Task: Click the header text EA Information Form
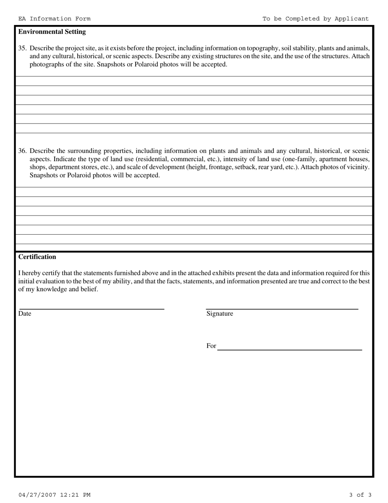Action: tap(54, 19)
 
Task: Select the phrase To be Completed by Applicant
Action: tap(315, 19)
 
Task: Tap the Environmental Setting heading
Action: tap(52, 31)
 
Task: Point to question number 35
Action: tap(22, 48)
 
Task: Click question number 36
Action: tap(22, 150)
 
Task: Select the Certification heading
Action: tap(37, 257)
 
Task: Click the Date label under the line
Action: tap(25, 314)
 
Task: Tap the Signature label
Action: tap(220, 314)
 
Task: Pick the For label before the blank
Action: tap(211, 346)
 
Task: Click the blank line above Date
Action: tap(92, 308)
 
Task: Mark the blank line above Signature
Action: tap(282, 308)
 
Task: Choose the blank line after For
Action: tap(290, 350)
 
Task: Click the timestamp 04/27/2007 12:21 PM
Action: tap(54, 495)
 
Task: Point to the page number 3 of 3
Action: tap(360, 495)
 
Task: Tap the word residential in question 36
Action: tap(153, 159)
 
